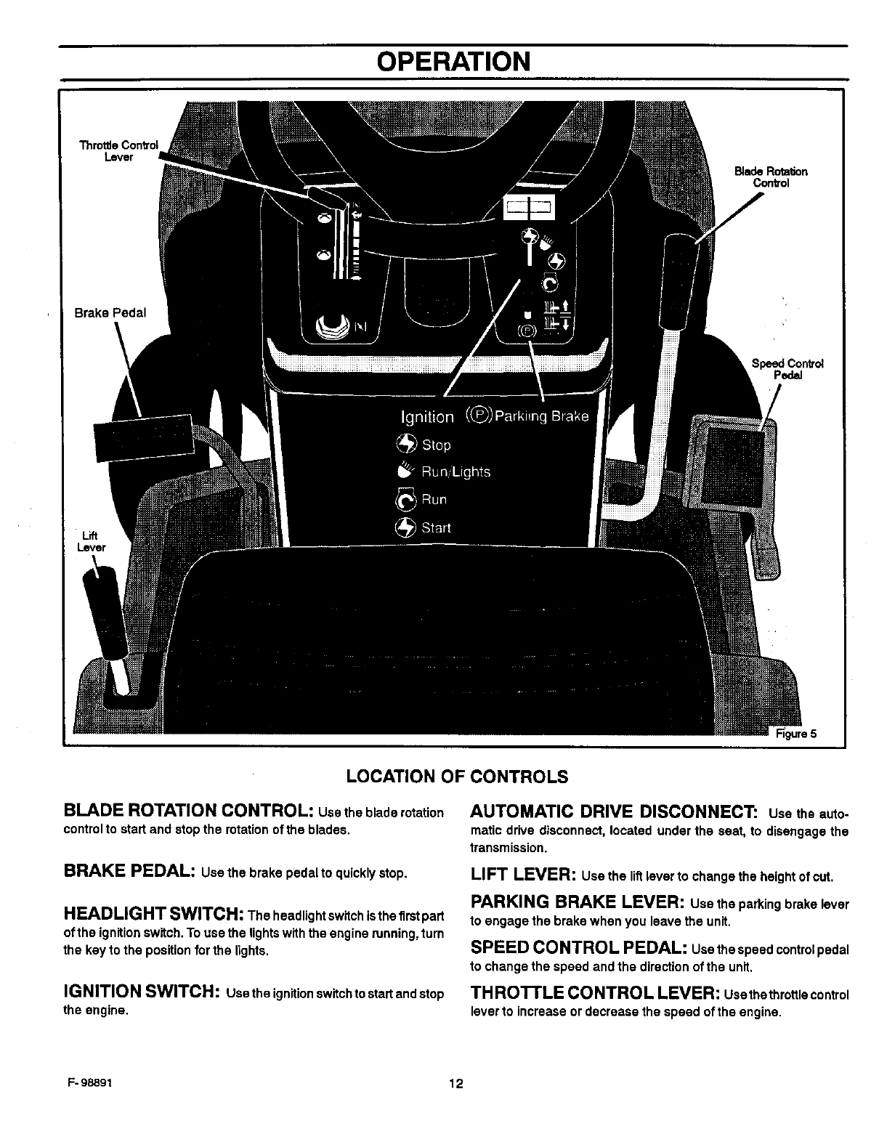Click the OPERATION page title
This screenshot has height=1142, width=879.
tap(454, 62)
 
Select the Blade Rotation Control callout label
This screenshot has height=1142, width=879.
tap(771, 177)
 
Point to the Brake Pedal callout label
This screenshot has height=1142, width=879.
tap(110, 312)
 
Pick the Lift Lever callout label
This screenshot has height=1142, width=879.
tap(92, 542)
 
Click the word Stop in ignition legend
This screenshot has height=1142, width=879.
tap(436, 445)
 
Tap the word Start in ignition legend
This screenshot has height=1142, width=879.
tap(436, 528)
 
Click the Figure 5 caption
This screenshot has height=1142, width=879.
tap(797, 733)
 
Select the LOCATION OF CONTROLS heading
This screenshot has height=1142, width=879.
tap(457, 777)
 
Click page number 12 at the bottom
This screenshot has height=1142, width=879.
tap(455, 1085)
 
